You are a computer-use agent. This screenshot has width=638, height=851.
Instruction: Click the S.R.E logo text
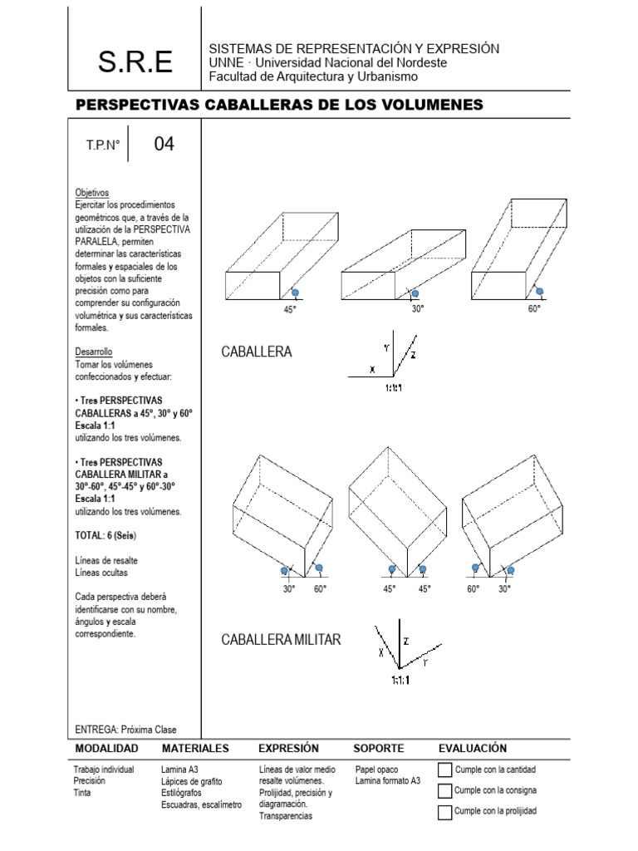[x=135, y=61]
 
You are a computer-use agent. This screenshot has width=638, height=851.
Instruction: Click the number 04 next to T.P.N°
[x=164, y=144]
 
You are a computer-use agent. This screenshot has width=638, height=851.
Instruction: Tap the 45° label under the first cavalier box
[x=289, y=308]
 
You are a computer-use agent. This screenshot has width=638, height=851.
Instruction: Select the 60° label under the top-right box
[x=534, y=308]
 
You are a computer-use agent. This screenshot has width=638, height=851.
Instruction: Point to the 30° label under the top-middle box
[x=418, y=308]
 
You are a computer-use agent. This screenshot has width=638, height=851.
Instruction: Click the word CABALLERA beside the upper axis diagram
[x=257, y=352]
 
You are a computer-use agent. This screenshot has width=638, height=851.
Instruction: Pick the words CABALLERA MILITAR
[x=281, y=639]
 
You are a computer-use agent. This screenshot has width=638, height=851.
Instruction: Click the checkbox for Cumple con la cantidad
[x=444, y=770]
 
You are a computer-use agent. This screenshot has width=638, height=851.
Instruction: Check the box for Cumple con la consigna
[x=444, y=790]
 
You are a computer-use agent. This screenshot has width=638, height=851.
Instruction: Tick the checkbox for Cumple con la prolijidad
[x=444, y=811]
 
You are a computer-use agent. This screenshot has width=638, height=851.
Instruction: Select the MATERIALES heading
[x=195, y=748]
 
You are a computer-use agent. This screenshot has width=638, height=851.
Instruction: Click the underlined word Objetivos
[x=91, y=192]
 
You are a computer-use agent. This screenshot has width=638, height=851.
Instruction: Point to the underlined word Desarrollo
[x=93, y=352]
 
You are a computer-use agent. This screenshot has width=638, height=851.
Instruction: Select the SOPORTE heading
[x=379, y=748]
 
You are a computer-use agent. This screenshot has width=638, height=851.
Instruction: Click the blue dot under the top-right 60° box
[x=539, y=292]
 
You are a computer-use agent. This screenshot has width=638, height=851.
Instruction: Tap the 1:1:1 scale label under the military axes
[x=400, y=680]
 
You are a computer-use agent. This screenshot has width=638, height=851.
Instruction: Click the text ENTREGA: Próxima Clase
[x=125, y=730]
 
